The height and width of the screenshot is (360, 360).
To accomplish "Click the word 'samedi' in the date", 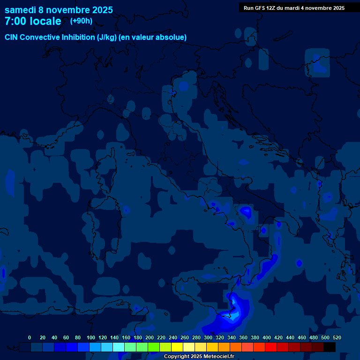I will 20,10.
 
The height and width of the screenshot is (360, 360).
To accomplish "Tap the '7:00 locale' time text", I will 33,21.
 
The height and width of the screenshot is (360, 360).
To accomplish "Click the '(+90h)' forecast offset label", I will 81,21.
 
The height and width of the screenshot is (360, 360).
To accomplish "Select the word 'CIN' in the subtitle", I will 11,37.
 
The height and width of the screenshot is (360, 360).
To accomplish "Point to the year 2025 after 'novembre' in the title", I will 102,10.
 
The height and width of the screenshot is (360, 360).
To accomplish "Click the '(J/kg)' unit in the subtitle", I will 108,37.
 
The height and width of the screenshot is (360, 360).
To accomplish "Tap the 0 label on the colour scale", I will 30,337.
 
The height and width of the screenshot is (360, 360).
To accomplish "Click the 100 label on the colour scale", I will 91,337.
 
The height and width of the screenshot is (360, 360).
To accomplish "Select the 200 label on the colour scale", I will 150,337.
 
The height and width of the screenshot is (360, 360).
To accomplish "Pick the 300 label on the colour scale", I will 208,337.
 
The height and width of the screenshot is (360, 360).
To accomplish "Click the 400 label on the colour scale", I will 267,337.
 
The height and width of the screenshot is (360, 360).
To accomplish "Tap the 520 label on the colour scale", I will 337,337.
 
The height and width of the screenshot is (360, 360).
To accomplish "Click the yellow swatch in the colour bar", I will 177,347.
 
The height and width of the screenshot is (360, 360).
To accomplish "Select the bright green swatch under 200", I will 154,347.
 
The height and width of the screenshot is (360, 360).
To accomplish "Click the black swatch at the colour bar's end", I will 330,347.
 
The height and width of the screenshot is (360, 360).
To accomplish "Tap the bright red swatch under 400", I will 271,347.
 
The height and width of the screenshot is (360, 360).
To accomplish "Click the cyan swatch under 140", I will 119,347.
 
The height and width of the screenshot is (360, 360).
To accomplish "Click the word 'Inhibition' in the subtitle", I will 78,37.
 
